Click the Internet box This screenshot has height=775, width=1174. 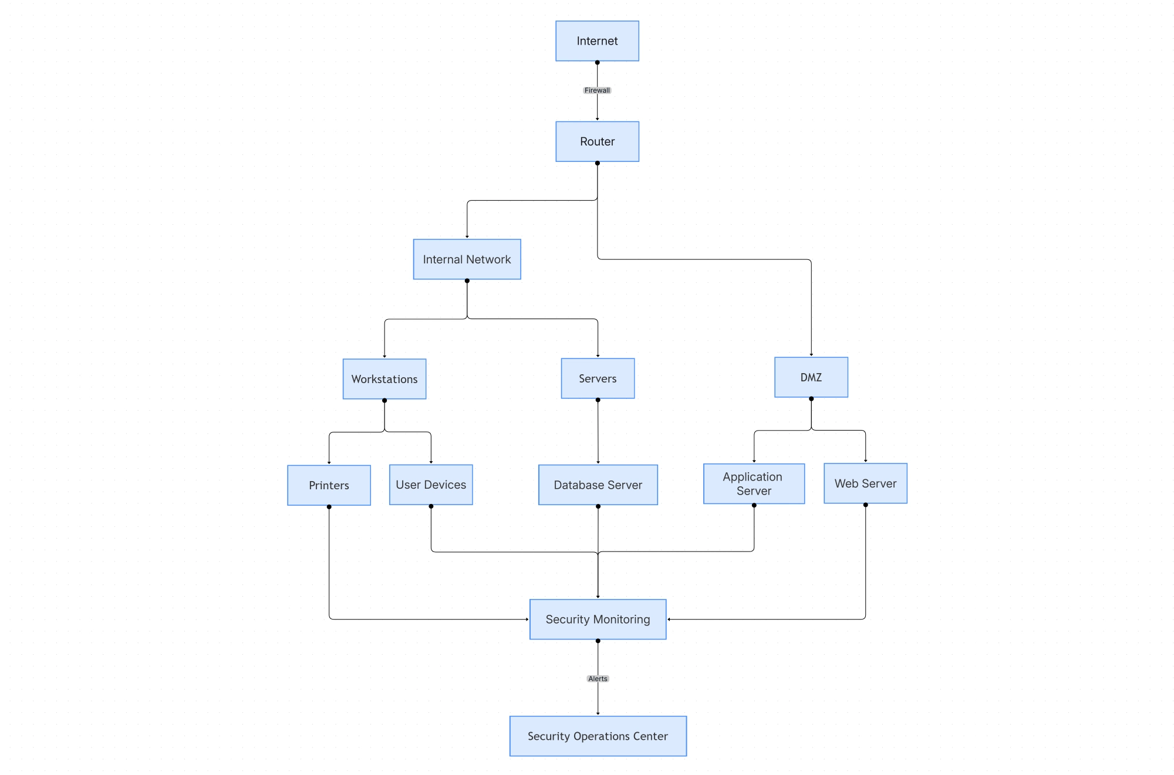tap(597, 41)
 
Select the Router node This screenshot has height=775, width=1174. tap(597, 141)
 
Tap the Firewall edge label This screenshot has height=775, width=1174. tap(597, 90)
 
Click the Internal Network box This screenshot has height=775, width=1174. tap(467, 259)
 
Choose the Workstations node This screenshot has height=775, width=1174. tap(384, 379)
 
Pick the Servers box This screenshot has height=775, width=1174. tap(598, 378)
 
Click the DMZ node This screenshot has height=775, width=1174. tap(811, 377)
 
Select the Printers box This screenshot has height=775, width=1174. tap(329, 485)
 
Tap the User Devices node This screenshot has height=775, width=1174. tap(431, 485)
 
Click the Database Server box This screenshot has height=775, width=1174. tap(598, 485)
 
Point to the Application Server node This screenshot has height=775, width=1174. tap(754, 483)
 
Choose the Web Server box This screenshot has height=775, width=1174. tap(865, 483)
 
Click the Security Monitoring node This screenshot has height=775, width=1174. tap(598, 619)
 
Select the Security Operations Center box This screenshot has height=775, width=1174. tap(598, 736)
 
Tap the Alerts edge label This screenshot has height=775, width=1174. tap(598, 679)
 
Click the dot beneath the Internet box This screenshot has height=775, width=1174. tap(597, 62)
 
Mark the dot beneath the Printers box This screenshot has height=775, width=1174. tap(329, 507)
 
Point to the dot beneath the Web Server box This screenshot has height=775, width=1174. tap(865, 505)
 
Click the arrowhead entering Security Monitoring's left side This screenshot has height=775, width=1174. tap(527, 619)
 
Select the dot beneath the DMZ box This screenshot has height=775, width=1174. tap(811, 399)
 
